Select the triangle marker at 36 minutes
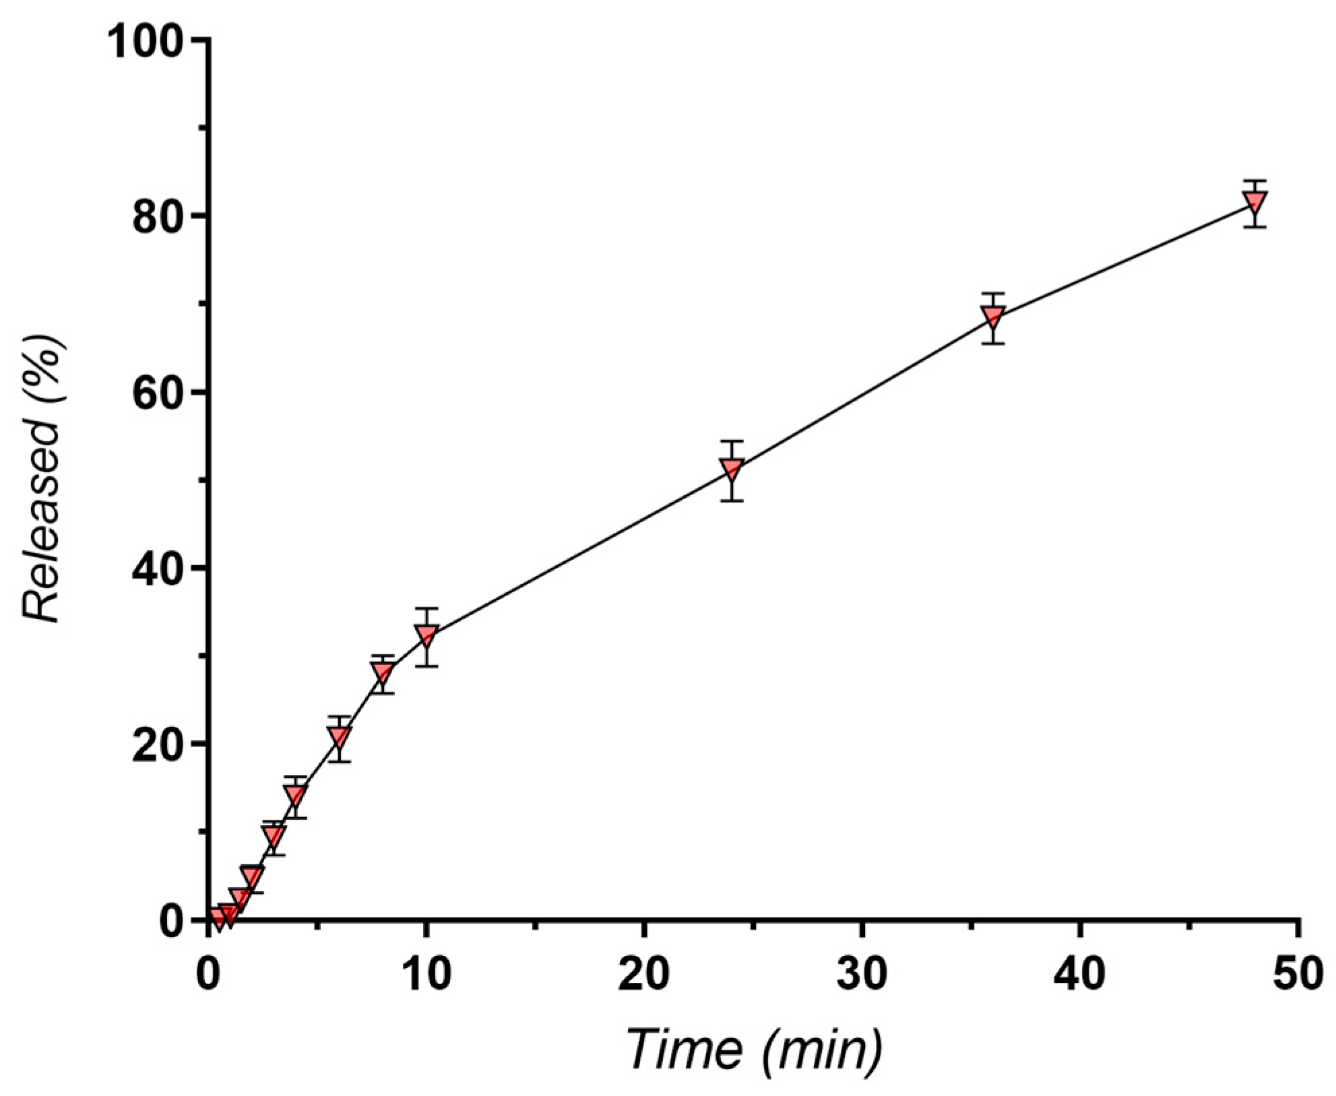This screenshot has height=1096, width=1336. (x=994, y=316)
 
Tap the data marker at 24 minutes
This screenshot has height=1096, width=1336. (x=732, y=468)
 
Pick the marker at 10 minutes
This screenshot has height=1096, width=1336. (x=426, y=635)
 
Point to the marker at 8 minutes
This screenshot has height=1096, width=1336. (x=383, y=672)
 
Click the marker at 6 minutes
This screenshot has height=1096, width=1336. (x=340, y=736)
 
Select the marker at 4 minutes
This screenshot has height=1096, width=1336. (x=295, y=795)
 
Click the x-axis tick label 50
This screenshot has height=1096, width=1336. (x=1298, y=975)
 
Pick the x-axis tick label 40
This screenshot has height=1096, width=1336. (x=1080, y=975)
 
